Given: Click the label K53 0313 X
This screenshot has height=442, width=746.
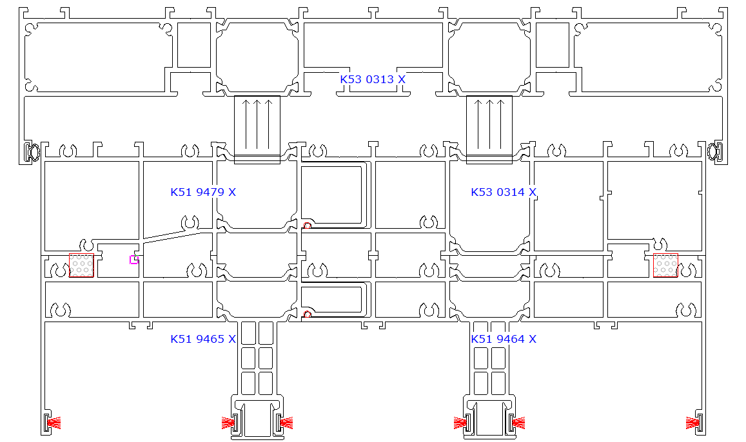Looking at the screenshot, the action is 373,79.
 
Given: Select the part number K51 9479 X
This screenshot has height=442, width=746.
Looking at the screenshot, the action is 203,192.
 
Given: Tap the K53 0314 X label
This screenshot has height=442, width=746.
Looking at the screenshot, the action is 504,192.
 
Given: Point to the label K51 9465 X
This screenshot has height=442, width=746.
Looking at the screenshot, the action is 203,339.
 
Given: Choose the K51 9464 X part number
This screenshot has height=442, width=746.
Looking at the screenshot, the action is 504,339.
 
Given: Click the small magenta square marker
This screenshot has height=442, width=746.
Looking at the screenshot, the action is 133,260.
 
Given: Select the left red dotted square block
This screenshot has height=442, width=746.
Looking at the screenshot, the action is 81,265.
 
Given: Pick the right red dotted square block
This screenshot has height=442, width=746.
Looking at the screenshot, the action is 665,265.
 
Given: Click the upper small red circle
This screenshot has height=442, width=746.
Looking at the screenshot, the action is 308,226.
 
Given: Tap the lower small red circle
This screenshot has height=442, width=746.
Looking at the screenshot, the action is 308,314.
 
